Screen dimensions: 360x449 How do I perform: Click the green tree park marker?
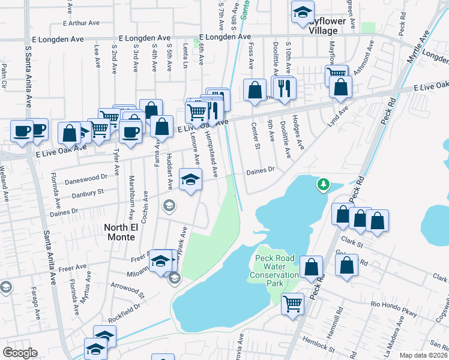pos(324,184)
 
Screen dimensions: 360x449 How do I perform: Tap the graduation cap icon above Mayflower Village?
pos(303,11)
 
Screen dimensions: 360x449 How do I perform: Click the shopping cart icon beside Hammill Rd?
pos(292,303)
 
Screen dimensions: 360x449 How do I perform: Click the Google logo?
pos(20,353)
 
